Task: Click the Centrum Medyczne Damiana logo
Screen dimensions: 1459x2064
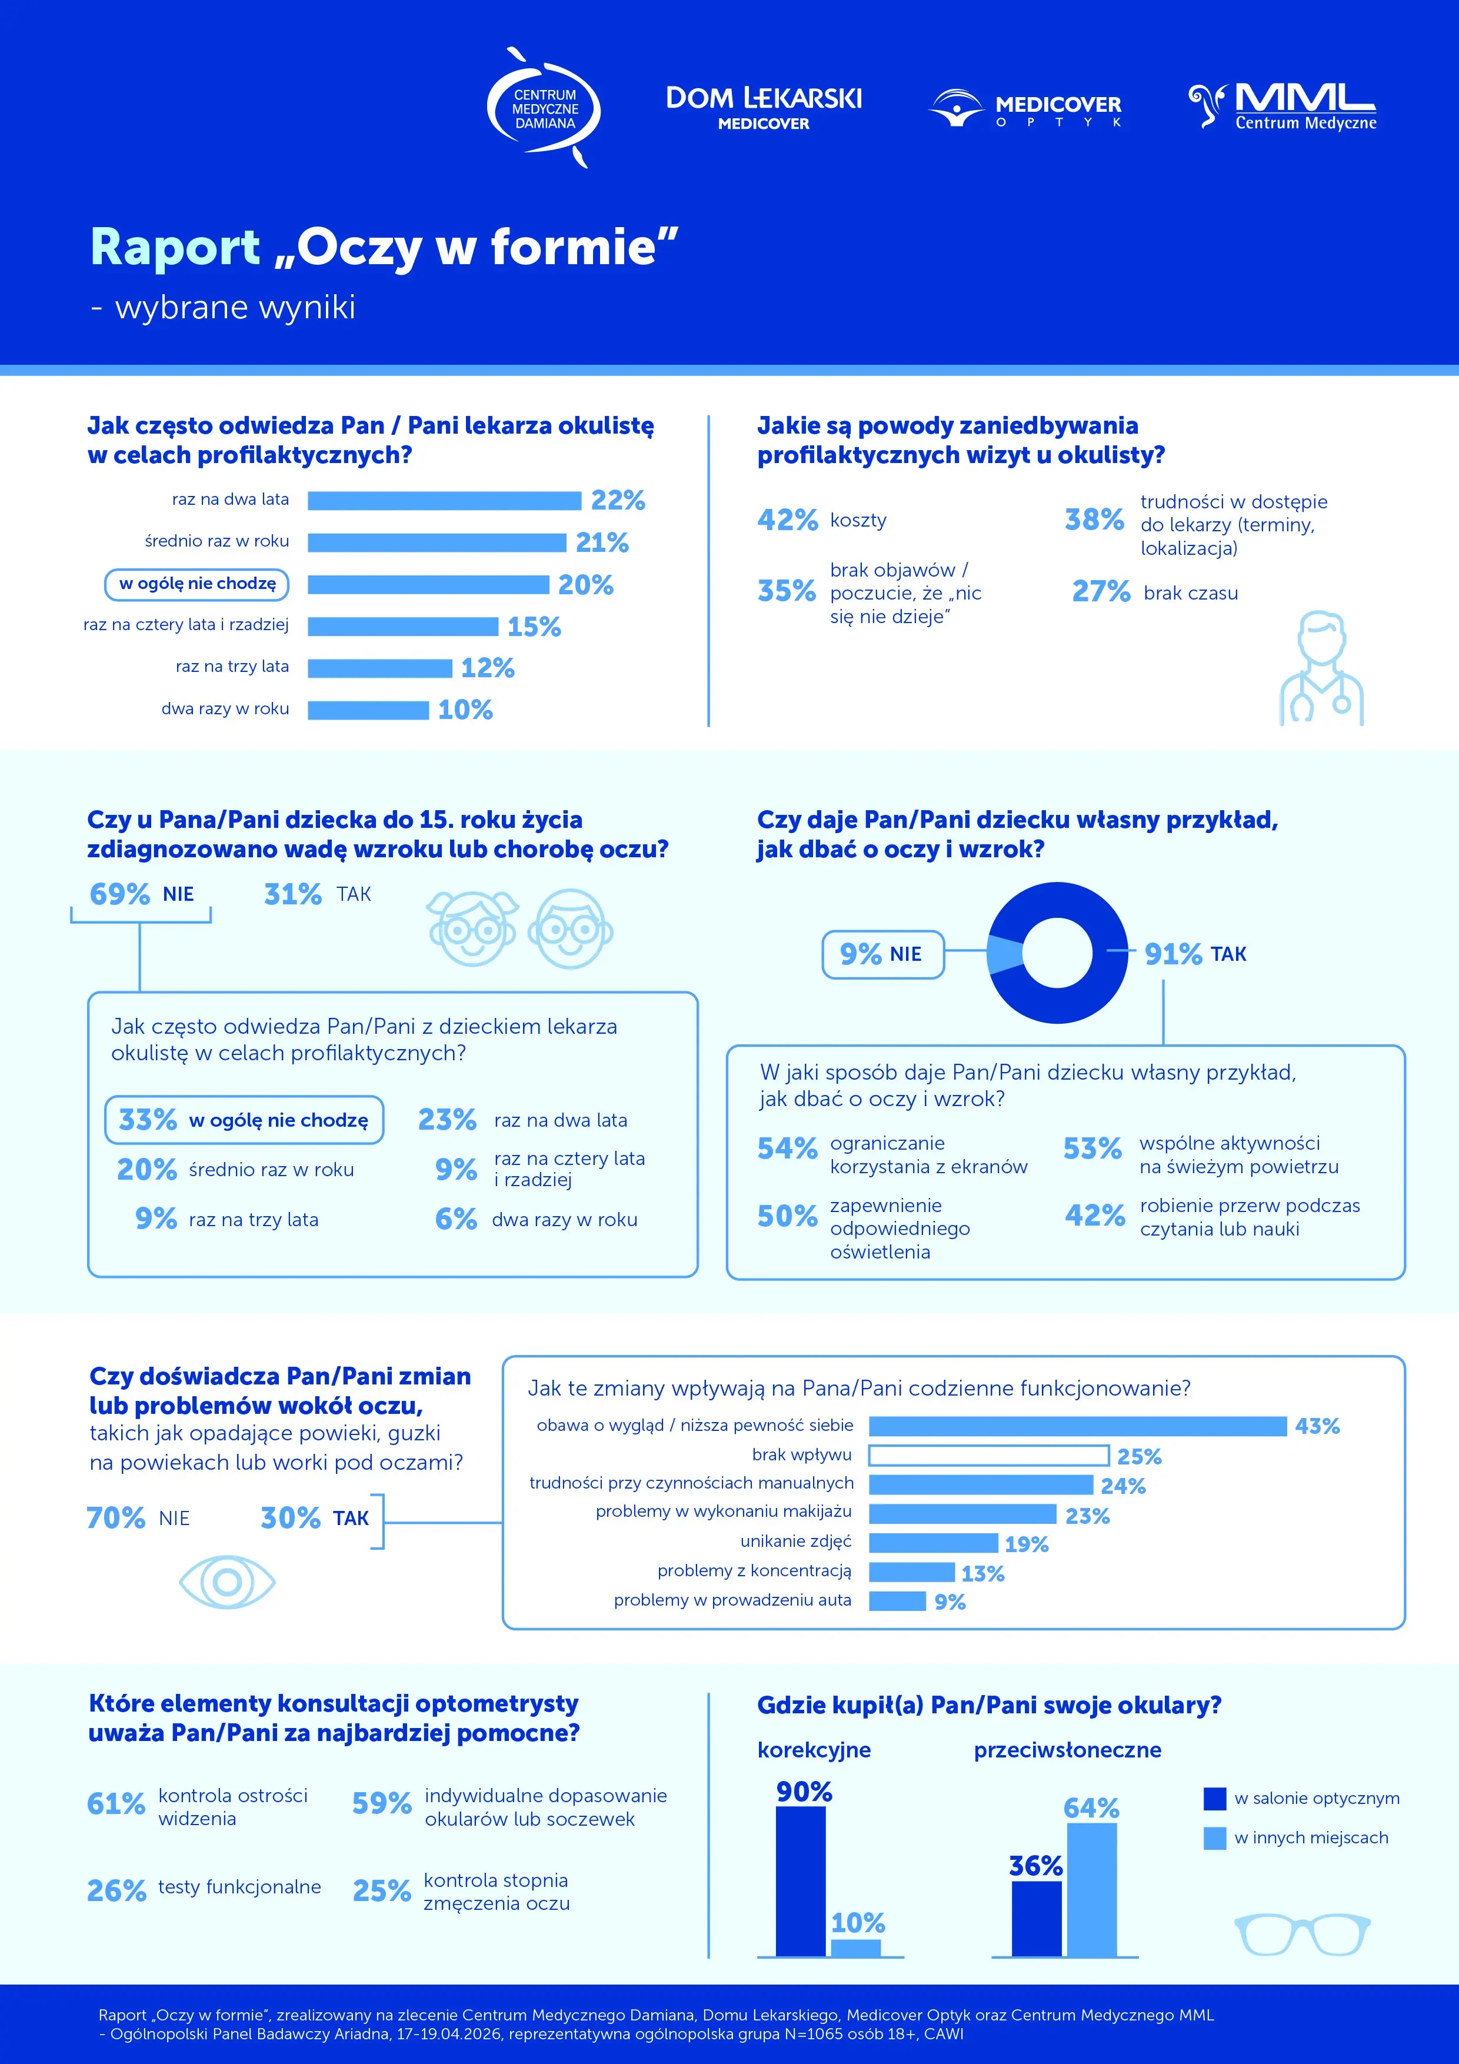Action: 543,108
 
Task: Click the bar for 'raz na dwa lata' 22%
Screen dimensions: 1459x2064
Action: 444,501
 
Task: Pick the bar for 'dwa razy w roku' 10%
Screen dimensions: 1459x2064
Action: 368,710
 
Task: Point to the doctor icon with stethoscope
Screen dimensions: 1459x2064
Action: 1321,669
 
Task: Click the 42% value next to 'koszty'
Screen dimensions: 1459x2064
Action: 788,520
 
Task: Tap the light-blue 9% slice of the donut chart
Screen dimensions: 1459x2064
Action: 1004,954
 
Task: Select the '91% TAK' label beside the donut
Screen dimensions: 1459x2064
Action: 1195,954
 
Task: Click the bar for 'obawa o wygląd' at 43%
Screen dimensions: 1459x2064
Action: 1078,1426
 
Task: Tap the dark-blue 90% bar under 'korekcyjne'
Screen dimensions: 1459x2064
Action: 801,1882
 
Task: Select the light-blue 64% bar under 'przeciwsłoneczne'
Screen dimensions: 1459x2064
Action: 1092,1890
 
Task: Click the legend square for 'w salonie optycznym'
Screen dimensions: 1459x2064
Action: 1214,1798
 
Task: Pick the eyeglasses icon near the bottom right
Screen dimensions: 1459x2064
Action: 1303,1933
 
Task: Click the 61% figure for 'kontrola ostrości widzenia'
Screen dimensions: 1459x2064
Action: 116,1803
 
